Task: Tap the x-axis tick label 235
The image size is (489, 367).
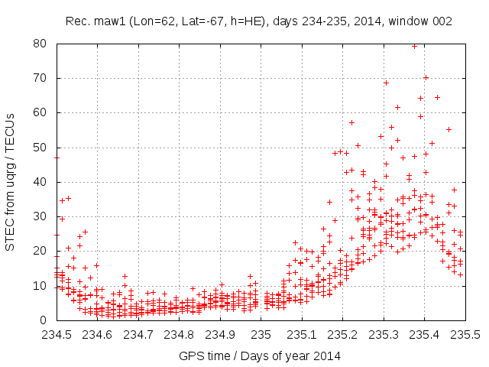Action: (261, 335)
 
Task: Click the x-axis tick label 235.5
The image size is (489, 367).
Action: (465, 335)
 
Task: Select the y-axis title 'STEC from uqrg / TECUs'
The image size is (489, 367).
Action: (11, 182)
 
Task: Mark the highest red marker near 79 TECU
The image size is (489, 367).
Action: (414, 46)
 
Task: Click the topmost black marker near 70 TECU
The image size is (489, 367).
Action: (426, 77)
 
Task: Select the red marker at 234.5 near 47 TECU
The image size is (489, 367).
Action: (57, 158)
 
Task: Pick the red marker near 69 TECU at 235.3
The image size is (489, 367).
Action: (386, 83)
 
